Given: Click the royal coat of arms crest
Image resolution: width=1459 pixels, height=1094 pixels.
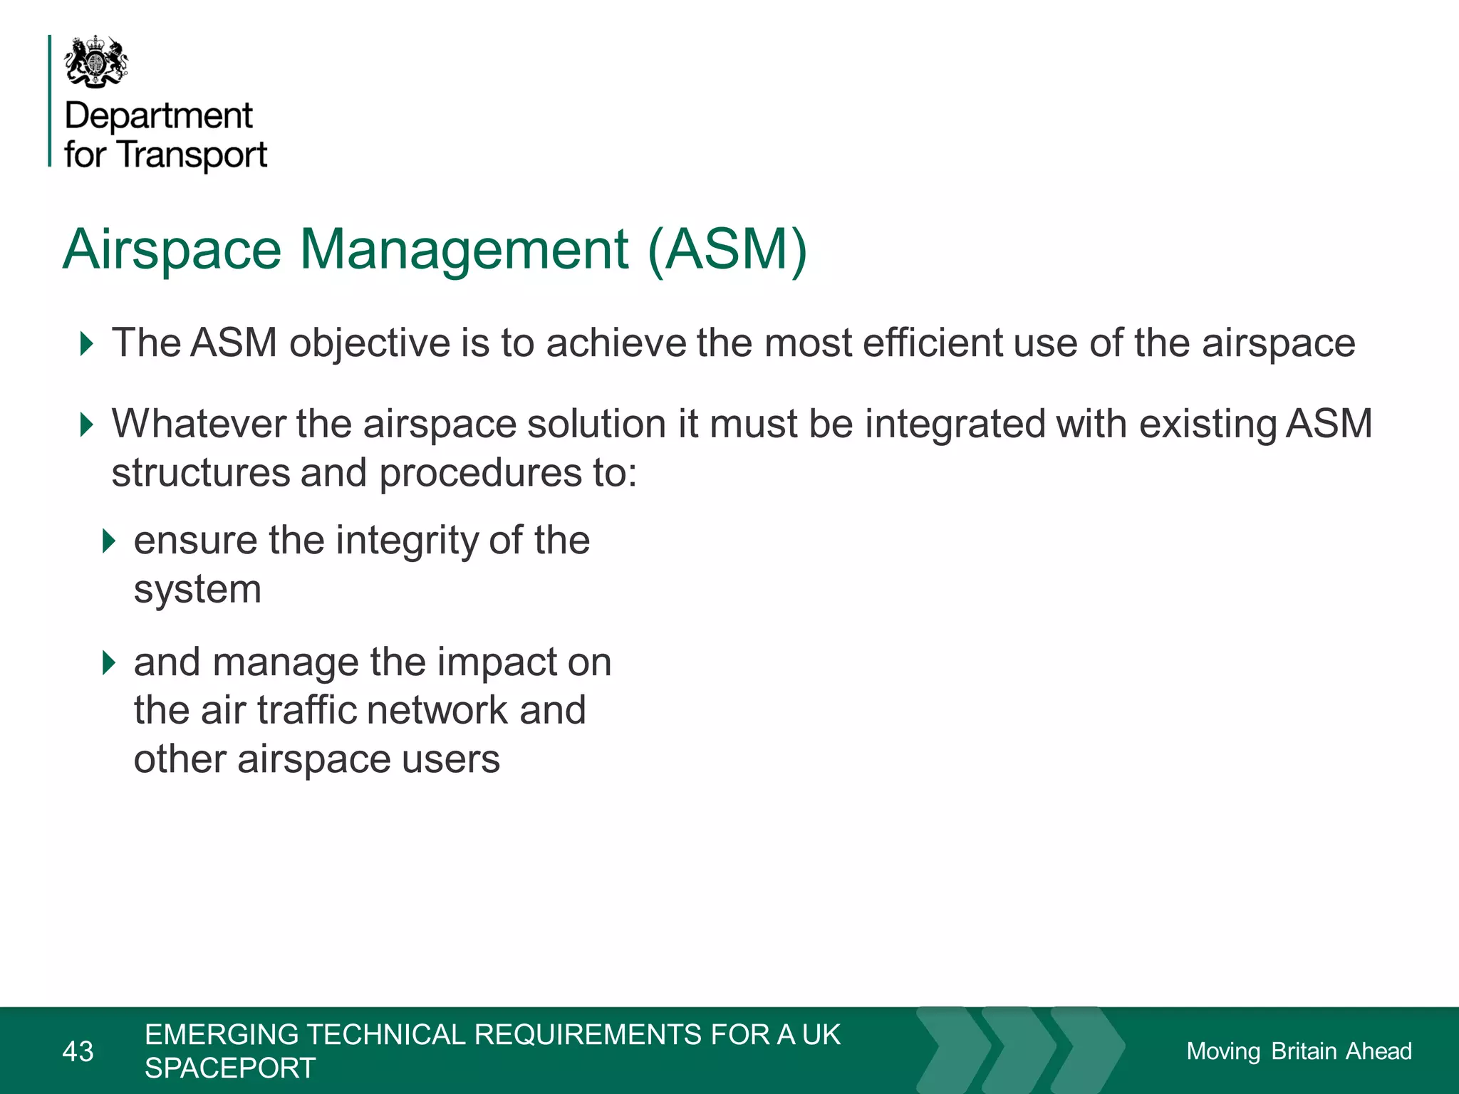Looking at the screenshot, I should [x=96, y=63].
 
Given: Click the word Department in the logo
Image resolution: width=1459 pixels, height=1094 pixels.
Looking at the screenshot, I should [x=158, y=116].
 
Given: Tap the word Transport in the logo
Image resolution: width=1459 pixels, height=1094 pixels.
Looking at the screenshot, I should [x=192, y=155].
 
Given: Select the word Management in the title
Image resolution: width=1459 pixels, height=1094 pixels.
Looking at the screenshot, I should [x=464, y=250].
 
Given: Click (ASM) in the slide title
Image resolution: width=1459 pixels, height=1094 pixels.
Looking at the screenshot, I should [x=727, y=250].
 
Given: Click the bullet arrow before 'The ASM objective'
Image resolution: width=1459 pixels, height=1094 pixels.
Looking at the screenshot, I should [x=87, y=344].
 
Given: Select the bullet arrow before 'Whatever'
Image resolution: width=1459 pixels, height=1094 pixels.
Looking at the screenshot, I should [x=87, y=424].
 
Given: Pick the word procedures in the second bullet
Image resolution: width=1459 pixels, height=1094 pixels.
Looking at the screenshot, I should [x=480, y=474].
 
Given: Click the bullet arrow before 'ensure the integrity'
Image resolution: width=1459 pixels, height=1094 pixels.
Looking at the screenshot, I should [x=108, y=541].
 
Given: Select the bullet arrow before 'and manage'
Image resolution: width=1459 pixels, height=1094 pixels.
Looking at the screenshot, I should [x=108, y=663].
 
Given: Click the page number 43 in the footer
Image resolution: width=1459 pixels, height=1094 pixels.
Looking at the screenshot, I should [x=78, y=1051].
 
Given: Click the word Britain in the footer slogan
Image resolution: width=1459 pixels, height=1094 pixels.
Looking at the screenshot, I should [x=1304, y=1051].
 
